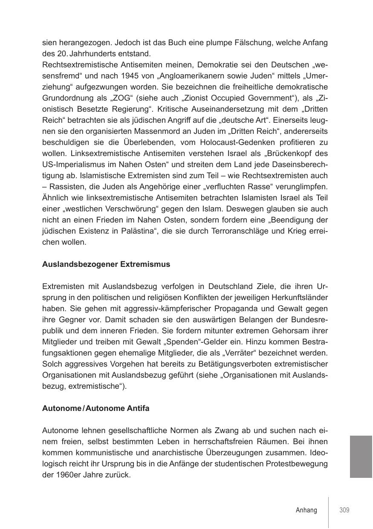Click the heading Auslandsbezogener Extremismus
click(106, 264)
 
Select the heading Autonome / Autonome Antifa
click(96, 408)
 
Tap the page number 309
click(344, 510)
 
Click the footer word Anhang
click(306, 510)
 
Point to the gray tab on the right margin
click(361, 457)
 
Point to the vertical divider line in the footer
click(328, 512)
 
